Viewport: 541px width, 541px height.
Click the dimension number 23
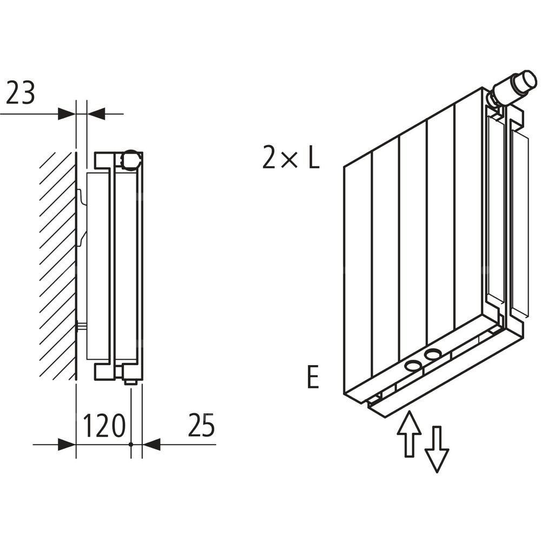point(21,94)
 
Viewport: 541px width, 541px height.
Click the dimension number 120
point(104,426)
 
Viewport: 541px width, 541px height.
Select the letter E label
point(313,378)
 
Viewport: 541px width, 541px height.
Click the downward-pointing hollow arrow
point(437,449)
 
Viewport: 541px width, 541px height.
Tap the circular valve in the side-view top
point(130,159)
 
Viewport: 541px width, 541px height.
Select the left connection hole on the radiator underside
point(414,366)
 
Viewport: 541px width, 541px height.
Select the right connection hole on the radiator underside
point(433,355)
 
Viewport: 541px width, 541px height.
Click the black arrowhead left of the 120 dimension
point(66,445)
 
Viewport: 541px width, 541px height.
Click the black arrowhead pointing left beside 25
point(152,445)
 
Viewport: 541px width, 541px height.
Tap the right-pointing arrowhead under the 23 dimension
point(66,114)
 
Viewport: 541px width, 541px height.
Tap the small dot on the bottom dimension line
point(131,445)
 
